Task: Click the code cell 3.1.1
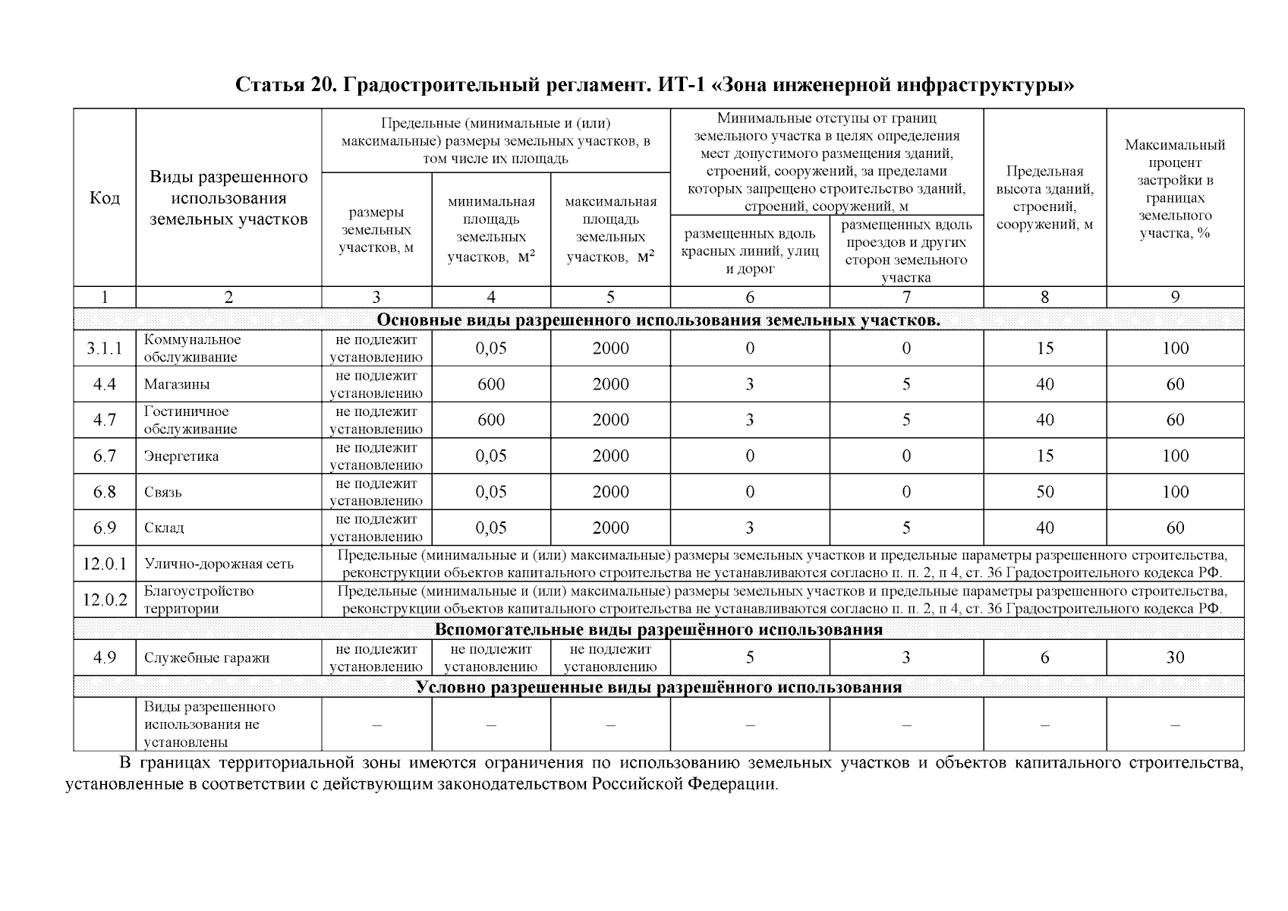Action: pos(104,348)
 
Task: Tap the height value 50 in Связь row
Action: pos(1044,492)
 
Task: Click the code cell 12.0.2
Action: pos(104,600)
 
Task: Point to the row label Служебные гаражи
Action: pos(206,658)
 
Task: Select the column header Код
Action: pos(104,198)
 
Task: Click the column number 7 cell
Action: pos(906,298)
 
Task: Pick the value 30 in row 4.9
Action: pos(1174,657)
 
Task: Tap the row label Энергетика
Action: pos(181,456)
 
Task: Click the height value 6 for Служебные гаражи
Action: pos(1044,657)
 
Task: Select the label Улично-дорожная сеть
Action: pos(219,564)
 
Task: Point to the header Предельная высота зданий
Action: pos(1044,197)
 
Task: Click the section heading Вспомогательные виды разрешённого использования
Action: pos(658,629)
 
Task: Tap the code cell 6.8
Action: pos(104,492)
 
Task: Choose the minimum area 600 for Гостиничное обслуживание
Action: pos(491,421)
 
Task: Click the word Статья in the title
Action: pos(269,84)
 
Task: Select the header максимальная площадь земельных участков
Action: pos(610,229)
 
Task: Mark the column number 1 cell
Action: pos(104,298)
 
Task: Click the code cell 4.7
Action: pos(104,421)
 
